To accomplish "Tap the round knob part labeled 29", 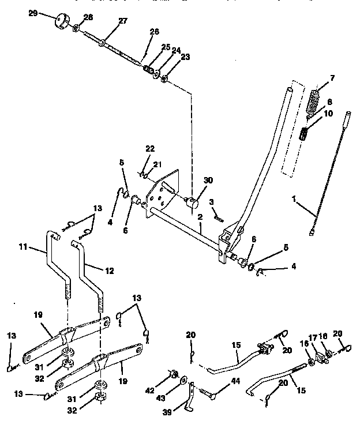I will coord(61,22).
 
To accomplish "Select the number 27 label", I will coord(122,21).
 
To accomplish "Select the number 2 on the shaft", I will coord(200,216).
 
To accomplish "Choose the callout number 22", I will coord(150,149).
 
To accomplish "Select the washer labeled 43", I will coord(183,381).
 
